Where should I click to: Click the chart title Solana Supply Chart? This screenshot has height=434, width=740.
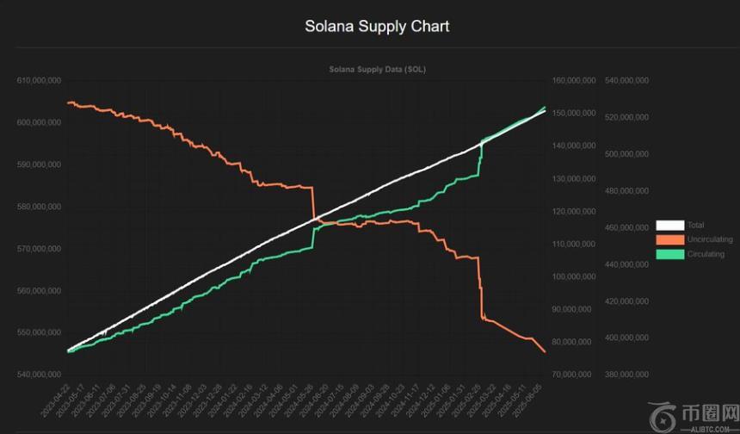pyautogui.click(x=377, y=26)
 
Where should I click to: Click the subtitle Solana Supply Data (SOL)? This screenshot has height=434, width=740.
pyautogui.click(x=377, y=69)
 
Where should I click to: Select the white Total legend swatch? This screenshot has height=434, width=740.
pyautogui.click(x=669, y=226)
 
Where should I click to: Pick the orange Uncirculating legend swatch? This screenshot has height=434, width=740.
pyautogui.click(x=669, y=239)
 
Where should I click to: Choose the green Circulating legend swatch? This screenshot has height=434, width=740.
pyautogui.click(x=669, y=254)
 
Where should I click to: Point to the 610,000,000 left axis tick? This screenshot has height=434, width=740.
pyautogui.click(x=39, y=80)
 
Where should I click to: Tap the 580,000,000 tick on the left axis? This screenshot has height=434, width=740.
pyautogui.click(x=39, y=207)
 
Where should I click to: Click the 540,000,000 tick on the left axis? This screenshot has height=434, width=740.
pyautogui.click(x=39, y=375)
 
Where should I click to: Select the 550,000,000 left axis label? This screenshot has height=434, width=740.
pyautogui.click(x=39, y=332)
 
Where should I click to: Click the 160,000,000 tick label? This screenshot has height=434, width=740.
pyautogui.click(x=574, y=80)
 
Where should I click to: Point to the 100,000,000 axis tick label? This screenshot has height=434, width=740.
pyautogui.click(x=574, y=276)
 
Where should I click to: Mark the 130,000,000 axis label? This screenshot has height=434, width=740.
pyautogui.click(x=574, y=178)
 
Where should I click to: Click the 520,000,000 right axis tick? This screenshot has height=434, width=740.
pyautogui.click(x=627, y=117)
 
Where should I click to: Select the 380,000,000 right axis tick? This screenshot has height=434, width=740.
pyautogui.click(x=627, y=375)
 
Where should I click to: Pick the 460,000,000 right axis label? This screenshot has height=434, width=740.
pyautogui.click(x=627, y=227)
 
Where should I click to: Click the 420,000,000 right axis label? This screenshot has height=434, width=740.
pyautogui.click(x=627, y=301)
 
